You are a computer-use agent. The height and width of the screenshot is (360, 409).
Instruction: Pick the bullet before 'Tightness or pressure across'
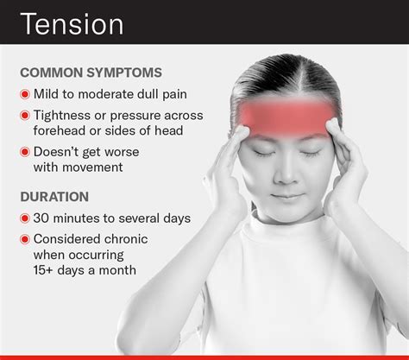point(27,116)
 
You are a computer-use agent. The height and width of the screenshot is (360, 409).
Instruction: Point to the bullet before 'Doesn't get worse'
point(27,152)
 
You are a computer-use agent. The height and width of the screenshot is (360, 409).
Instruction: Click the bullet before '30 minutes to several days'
point(27,218)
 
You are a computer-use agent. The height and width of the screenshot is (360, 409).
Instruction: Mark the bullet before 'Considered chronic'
point(27,238)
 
